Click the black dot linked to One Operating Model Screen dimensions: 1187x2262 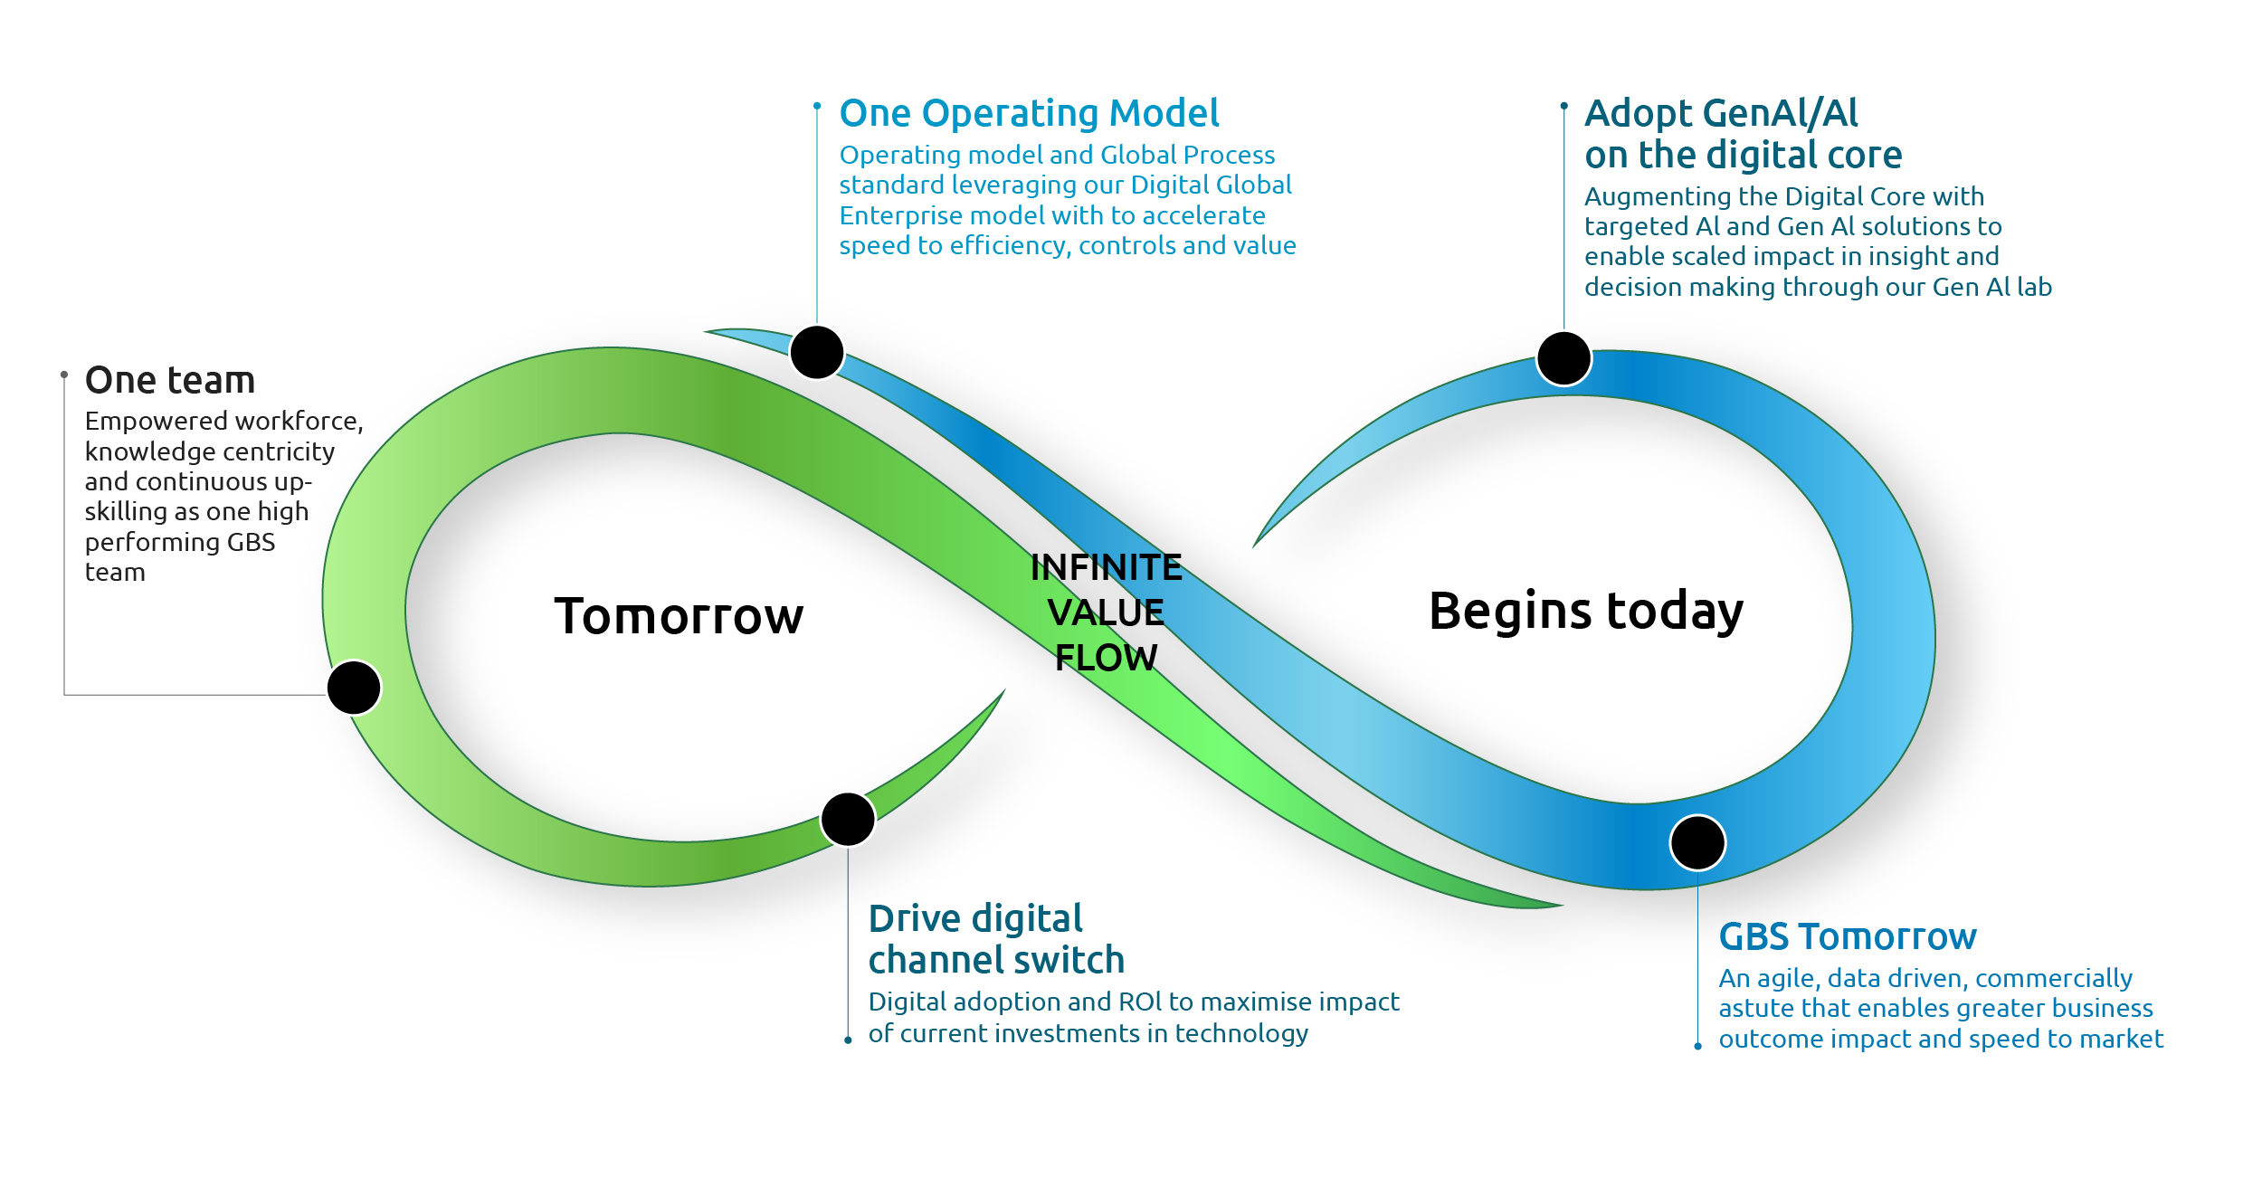pos(816,352)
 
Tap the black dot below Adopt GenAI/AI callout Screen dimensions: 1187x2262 pos(1563,358)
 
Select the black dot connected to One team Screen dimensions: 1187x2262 pos(354,688)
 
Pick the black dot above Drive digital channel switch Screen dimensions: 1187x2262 pos(848,819)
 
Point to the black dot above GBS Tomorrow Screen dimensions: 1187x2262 pos(1697,842)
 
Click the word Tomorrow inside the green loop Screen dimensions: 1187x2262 pos(679,617)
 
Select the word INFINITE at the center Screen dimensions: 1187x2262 pos(1106,568)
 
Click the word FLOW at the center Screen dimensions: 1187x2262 pos(1106,658)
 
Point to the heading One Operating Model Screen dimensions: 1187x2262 pos(1029,114)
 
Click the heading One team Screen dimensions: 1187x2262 pos(170,381)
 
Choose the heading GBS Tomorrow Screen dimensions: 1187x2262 pos(1847,937)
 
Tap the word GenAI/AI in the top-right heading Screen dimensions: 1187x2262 pos(1780,114)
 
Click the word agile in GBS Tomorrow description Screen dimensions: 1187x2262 pos(1786,979)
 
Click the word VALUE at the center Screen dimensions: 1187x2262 pos(1106,612)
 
